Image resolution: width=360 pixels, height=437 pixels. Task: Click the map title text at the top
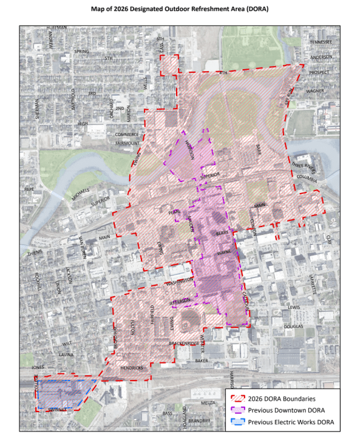coord(180,10)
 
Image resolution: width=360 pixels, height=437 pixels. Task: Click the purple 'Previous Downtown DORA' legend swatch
coord(237,410)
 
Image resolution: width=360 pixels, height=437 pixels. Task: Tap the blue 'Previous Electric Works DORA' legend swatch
coord(237,422)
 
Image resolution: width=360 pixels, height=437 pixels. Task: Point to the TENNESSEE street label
coord(321,42)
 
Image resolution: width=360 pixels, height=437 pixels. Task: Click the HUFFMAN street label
coord(57,29)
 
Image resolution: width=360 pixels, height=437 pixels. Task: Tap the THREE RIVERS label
coord(304,164)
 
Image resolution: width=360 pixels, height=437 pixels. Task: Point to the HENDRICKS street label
coord(132,368)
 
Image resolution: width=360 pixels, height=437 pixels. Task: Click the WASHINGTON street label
coord(180,280)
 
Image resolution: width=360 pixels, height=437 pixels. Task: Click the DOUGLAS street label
coord(294,326)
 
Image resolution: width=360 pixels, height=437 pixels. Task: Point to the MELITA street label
coord(208,402)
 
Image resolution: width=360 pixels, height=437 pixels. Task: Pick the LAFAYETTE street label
coord(313,284)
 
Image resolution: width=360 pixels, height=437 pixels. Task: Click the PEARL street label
coord(175,212)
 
